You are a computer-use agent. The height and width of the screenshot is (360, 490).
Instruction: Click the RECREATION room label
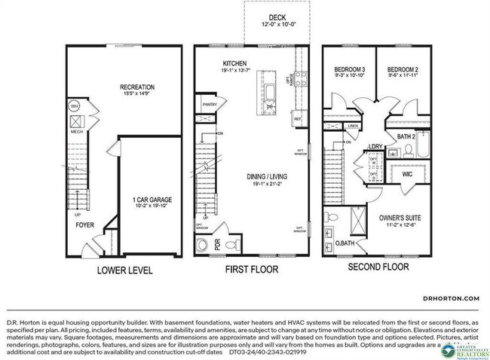point(138,87)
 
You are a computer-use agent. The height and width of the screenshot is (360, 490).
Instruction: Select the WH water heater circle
point(75,106)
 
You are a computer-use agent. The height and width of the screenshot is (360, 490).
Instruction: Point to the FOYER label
point(84,224)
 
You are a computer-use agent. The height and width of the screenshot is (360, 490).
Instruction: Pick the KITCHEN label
point(235,63)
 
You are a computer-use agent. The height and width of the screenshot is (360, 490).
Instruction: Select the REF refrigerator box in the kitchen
point(297,119)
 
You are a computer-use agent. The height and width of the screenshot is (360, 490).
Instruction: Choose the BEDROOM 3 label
point(348,70)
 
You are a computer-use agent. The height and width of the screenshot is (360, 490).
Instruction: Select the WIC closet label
point(406,174)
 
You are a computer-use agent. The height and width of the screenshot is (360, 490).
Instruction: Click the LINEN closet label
point(352,126)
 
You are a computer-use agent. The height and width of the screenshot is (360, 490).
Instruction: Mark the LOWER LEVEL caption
point(124,270)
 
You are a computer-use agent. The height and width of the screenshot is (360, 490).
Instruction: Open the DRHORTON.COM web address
point(451,299)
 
